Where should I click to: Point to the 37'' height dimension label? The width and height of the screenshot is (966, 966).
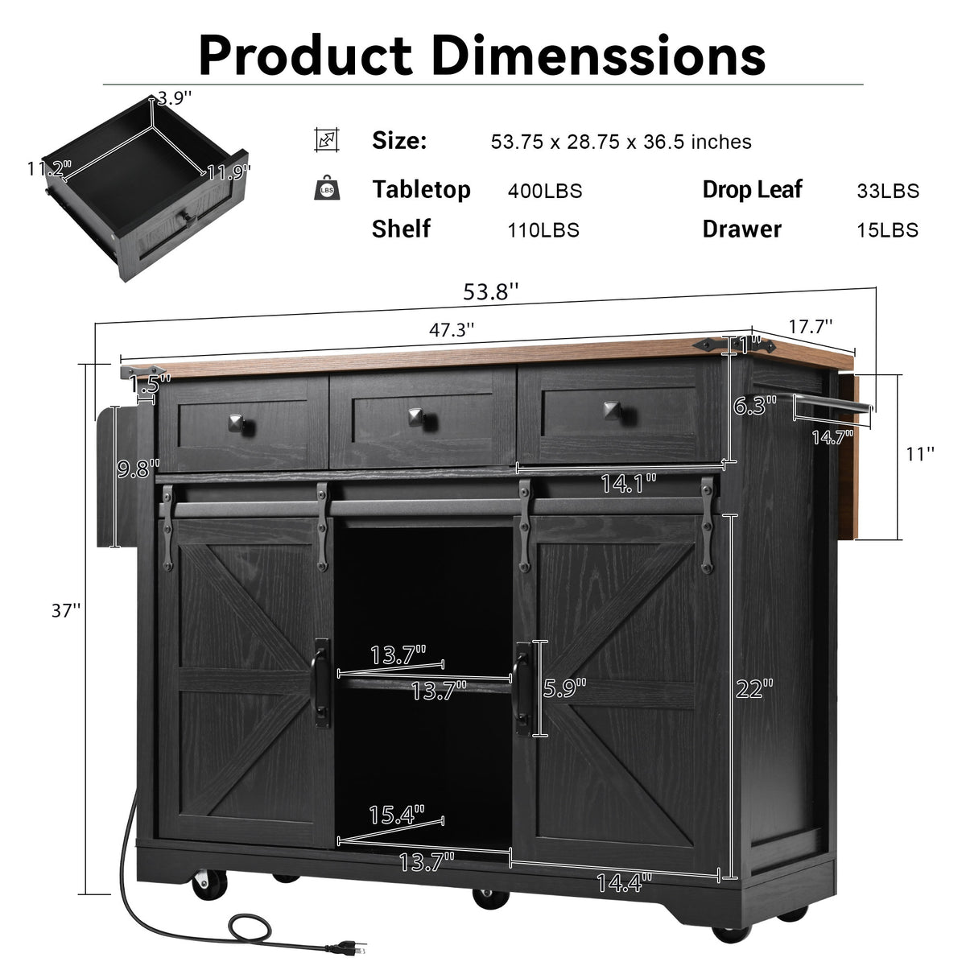67,610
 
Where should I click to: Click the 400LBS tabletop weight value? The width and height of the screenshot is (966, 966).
544,192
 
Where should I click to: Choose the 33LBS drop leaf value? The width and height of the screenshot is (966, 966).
887,192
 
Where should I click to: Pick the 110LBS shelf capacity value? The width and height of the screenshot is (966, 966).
543,230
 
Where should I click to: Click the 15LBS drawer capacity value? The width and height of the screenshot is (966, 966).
887,230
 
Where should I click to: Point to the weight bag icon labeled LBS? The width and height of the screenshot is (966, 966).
327,188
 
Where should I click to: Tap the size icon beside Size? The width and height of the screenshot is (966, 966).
327,140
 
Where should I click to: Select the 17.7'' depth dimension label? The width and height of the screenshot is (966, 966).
809,326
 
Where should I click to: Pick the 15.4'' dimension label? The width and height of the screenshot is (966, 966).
396,815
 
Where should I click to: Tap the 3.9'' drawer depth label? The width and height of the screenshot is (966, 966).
175,98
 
